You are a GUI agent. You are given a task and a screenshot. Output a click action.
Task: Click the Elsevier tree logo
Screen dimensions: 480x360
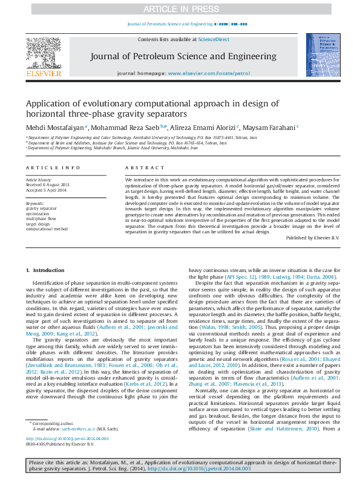point(44,53)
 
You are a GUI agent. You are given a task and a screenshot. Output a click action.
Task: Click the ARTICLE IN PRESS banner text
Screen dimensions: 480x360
point(179,9)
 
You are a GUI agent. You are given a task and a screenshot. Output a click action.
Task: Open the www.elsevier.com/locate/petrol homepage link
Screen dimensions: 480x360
point(209,73)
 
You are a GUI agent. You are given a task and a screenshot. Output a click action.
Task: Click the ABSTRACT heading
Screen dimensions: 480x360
point(141,167)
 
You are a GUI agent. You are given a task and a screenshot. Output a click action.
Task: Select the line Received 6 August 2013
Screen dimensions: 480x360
point(48,184)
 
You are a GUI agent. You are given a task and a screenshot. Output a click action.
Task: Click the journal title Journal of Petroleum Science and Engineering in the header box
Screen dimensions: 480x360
point(183,56)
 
